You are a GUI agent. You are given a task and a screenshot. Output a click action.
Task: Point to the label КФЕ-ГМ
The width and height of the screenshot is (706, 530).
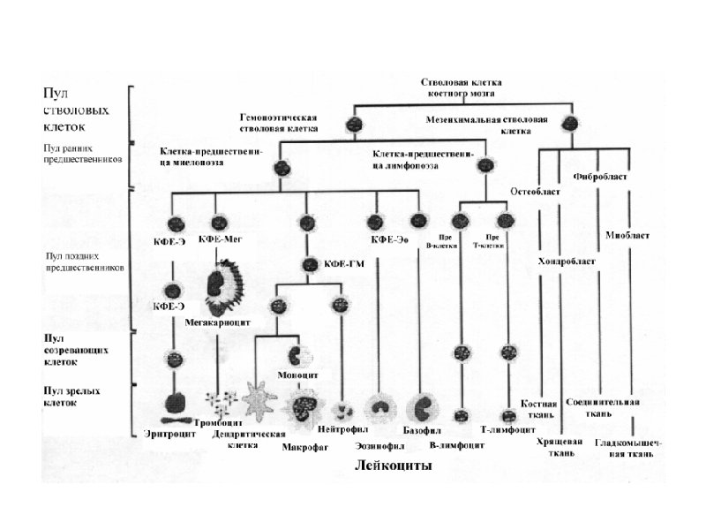pos(345,263)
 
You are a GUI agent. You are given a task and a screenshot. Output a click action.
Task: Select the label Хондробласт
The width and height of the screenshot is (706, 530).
pos(566,261)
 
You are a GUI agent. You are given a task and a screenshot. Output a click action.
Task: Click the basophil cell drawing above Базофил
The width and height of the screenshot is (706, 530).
pos(422,408)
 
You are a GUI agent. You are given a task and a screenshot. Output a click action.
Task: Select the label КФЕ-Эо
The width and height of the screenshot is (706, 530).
pos(387,239)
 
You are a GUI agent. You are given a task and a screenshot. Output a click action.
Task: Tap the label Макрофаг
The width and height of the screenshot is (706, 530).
pos(304,447)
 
